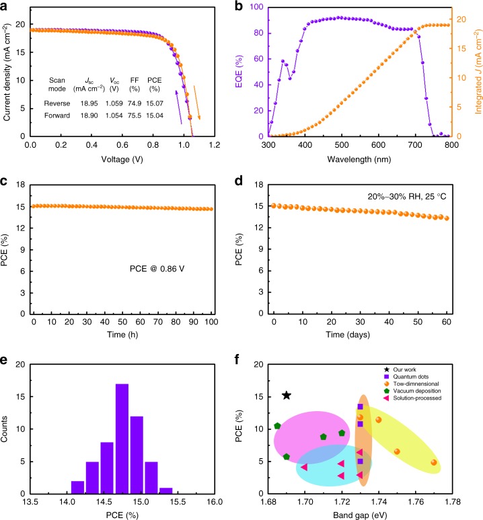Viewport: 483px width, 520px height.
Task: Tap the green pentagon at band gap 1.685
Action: [x=277, y=426]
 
